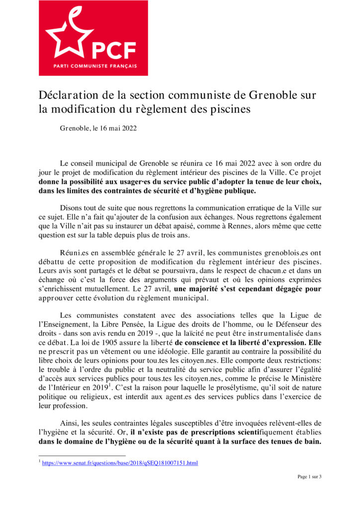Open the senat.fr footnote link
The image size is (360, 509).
tap(120, 463)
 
